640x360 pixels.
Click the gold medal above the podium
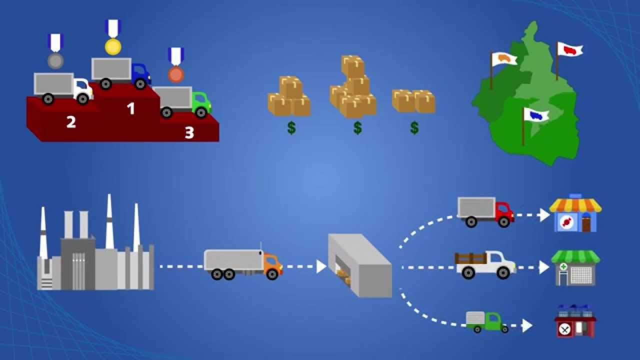point(113,46)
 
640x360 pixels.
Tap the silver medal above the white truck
point(55,61)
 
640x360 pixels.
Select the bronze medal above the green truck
point(175,74)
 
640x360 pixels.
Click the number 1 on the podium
point(131,108)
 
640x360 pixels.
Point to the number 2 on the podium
point(71,122)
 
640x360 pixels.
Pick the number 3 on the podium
point(189,132)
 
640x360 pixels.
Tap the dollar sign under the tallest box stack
point(357,127)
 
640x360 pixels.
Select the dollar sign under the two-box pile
point(414,127)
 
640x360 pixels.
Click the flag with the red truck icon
point(569,49)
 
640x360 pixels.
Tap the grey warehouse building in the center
point(359,265)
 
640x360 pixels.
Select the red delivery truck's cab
point(505,211)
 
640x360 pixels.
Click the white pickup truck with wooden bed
point(485,265)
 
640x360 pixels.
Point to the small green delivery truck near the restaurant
point(487,322)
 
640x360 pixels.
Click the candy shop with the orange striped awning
point(575,213)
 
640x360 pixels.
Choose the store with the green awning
point(575,268)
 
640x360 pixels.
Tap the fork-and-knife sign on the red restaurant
point(564,329)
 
